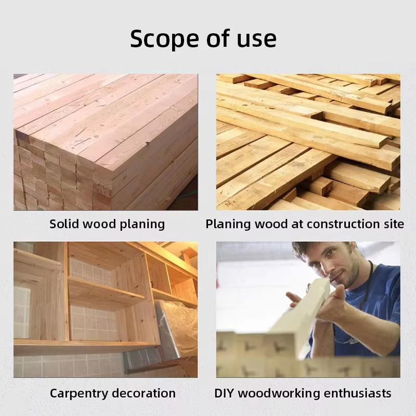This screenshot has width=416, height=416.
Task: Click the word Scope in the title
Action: tap(164, 39)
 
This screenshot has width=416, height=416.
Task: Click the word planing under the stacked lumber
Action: tap(142, 225)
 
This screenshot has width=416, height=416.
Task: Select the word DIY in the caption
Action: tap(224, 393)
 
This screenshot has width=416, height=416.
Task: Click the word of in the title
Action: tap(218, 39)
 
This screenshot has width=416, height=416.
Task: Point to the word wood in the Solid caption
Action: tap(99, 224)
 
